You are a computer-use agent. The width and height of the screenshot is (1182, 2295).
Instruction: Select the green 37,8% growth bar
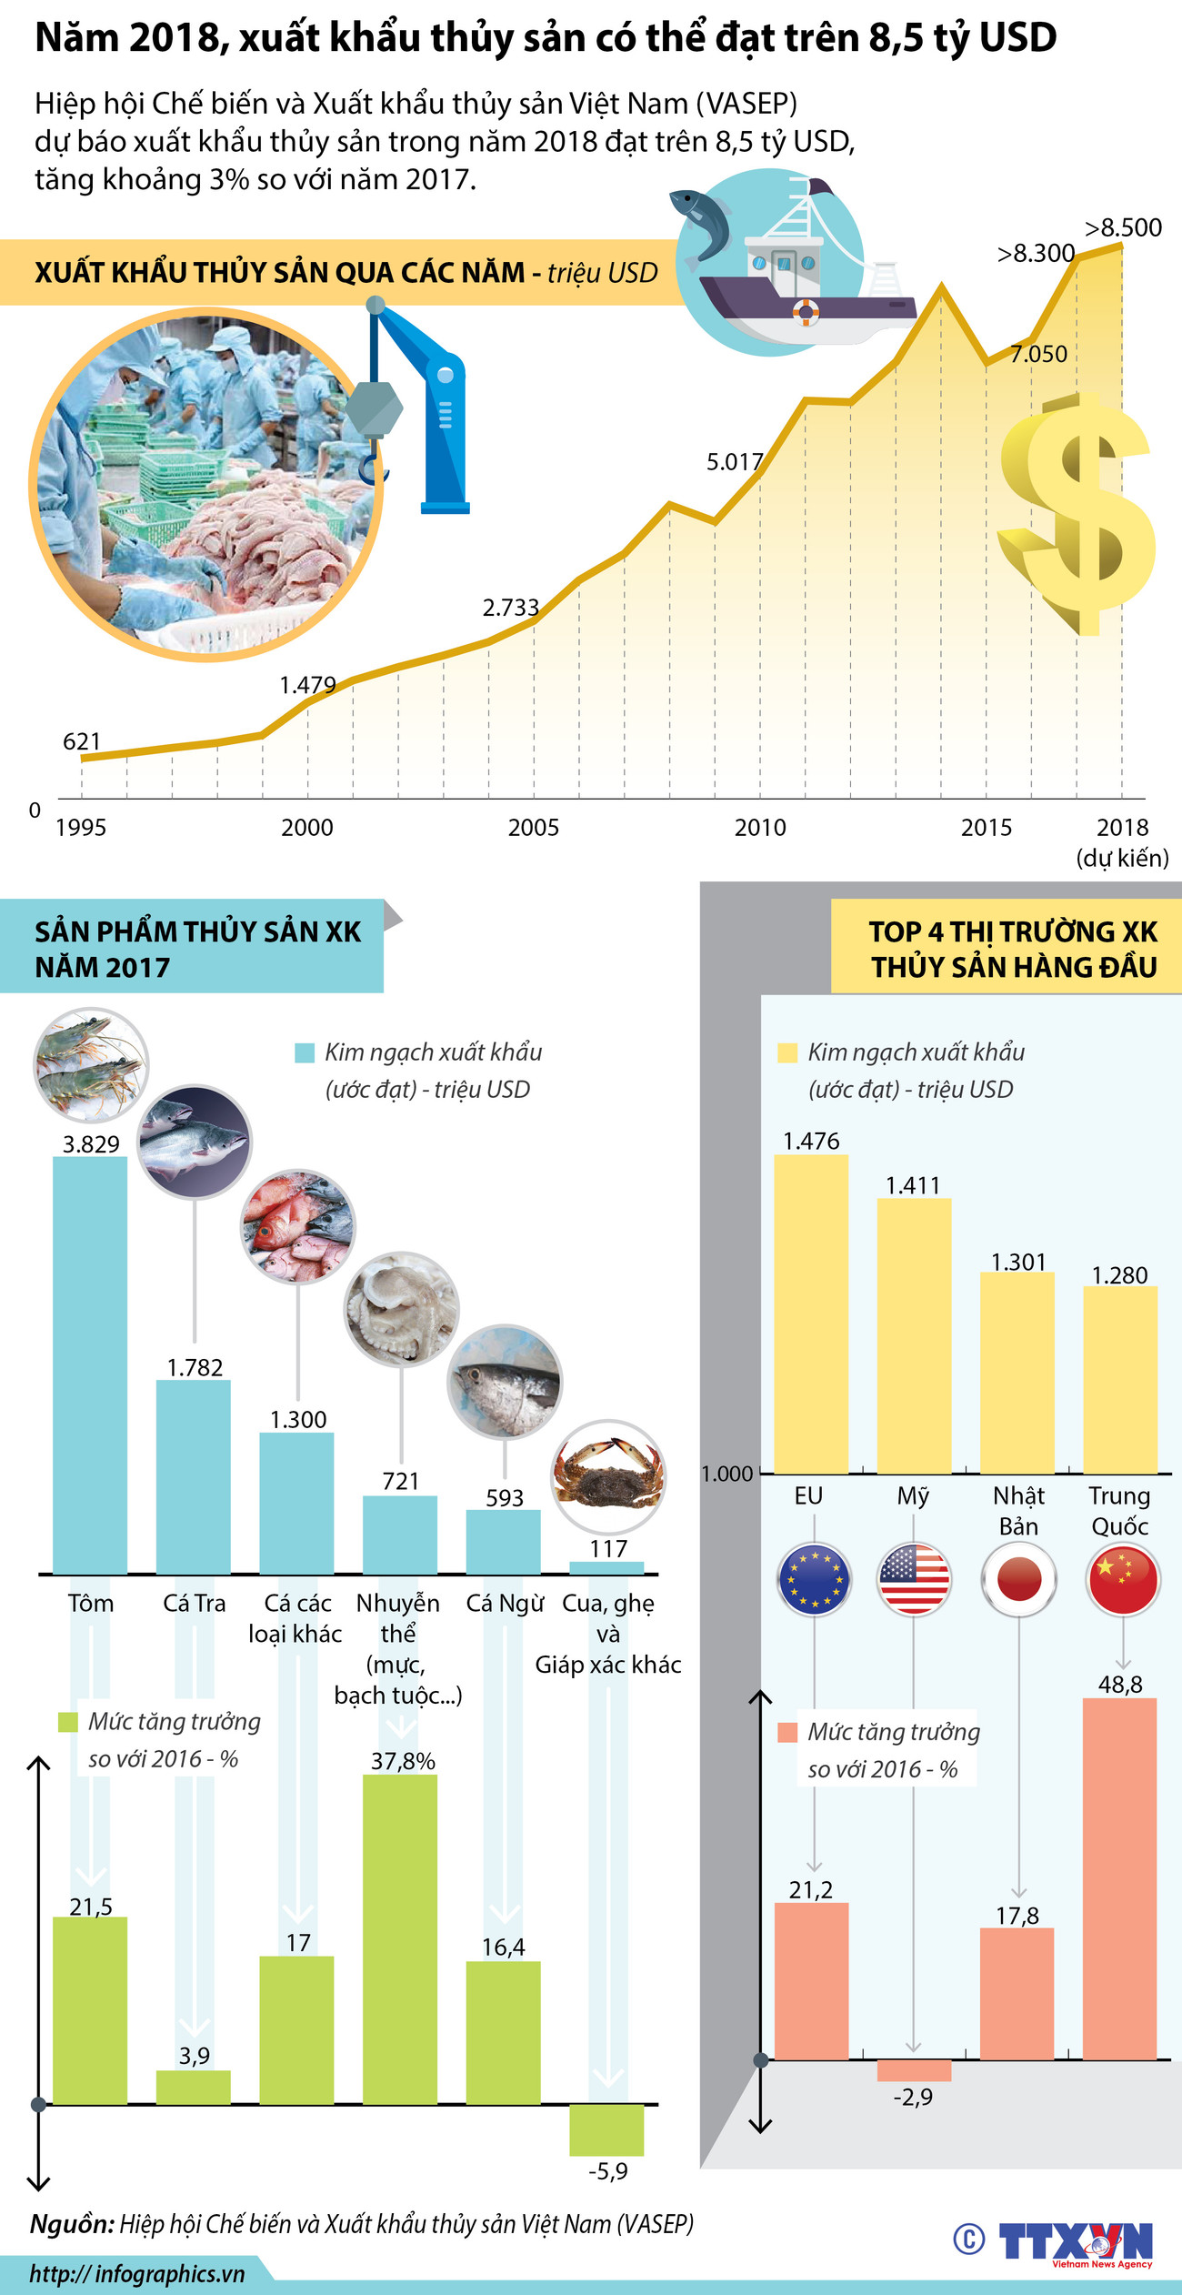coord(400,1938)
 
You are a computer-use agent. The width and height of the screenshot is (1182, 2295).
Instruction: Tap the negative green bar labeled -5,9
coord(606,2129)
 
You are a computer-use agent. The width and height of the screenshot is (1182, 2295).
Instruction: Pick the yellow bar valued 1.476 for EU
coord(811,1314)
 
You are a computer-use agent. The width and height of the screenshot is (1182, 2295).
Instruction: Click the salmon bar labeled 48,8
coord(1120,1877)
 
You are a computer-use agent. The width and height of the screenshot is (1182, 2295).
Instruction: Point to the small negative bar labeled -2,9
coord(914,2070)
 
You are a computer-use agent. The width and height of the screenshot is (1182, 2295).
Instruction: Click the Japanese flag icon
coord(1018,1579)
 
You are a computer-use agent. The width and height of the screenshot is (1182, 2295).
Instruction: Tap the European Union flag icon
coord(814,1579)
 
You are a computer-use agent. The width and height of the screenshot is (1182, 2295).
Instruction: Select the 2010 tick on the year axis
coord(760,827)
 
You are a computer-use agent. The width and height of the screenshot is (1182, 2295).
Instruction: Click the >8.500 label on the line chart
coord(1123,227)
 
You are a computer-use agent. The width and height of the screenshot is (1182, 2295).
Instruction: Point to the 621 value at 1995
coord(82,741)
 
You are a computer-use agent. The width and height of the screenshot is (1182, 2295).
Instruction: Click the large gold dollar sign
coord(1077,514)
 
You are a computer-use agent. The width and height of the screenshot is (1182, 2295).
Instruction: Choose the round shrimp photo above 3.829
coord(91,1064)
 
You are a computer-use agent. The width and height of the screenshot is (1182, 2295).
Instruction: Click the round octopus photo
coord(401,1309)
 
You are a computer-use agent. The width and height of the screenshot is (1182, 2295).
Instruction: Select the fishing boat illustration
coord(800,273)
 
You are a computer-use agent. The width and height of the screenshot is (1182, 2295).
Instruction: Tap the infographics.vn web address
coord(136,2274)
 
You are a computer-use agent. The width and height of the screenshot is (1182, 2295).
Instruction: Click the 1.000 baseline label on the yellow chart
coord(727,1474)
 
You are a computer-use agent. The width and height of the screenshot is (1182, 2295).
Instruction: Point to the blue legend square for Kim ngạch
coord(305,1053)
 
